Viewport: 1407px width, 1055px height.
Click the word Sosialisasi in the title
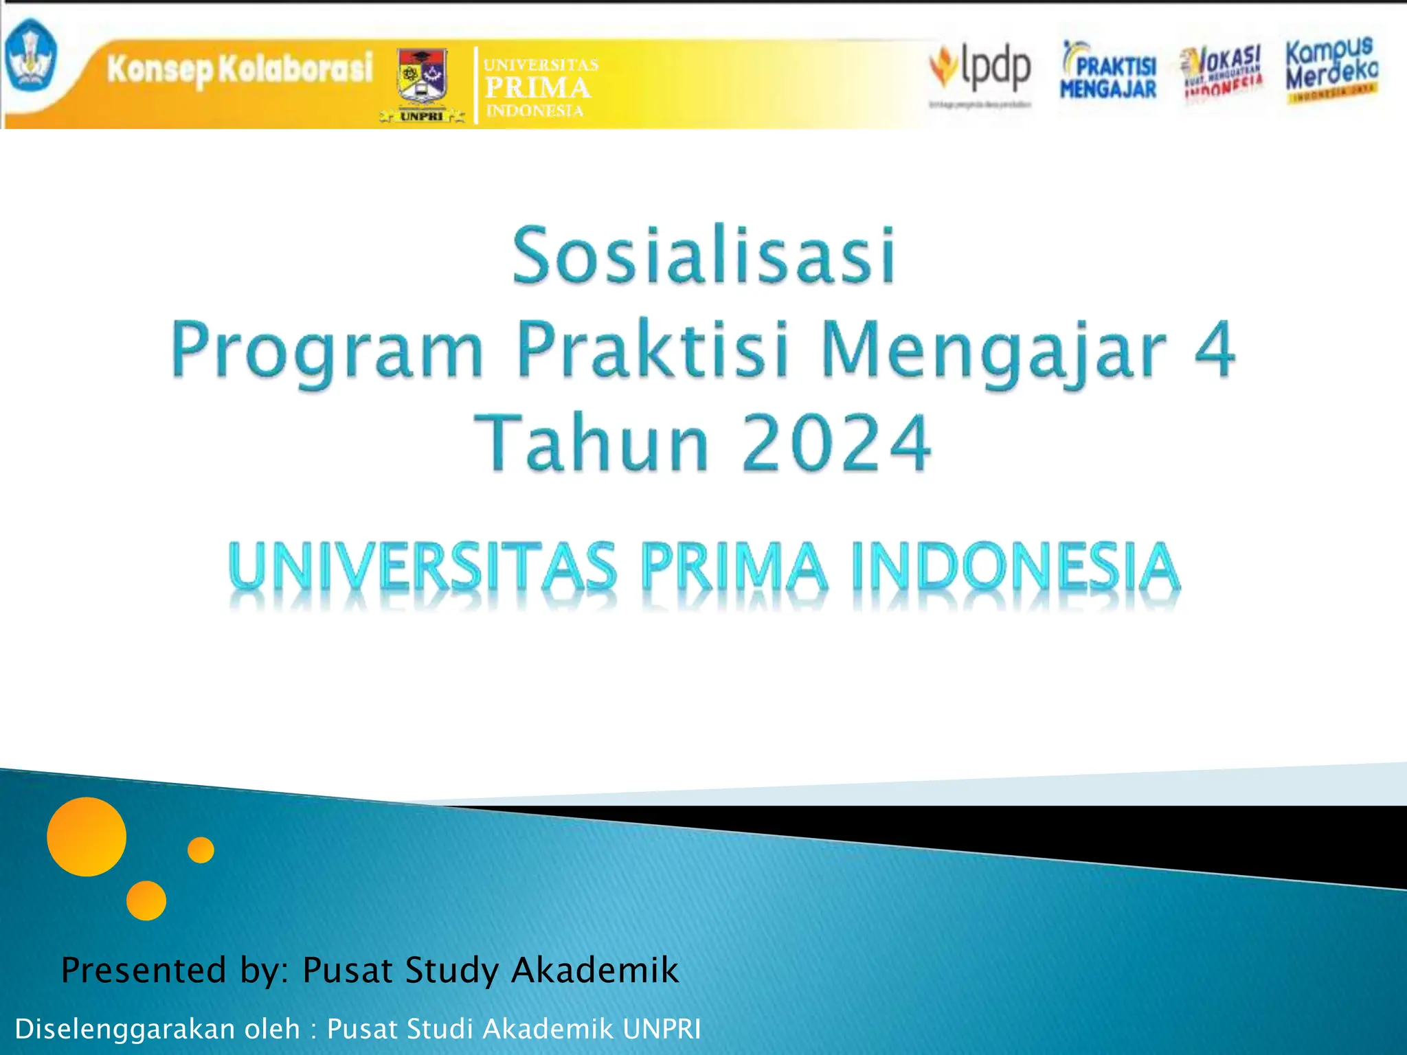(703, 256)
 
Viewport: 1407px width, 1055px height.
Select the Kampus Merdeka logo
(1331, 69)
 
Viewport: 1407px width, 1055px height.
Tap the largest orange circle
(87, 837)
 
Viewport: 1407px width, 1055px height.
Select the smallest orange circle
(201, 850)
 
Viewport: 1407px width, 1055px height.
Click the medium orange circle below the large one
(146, 900)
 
